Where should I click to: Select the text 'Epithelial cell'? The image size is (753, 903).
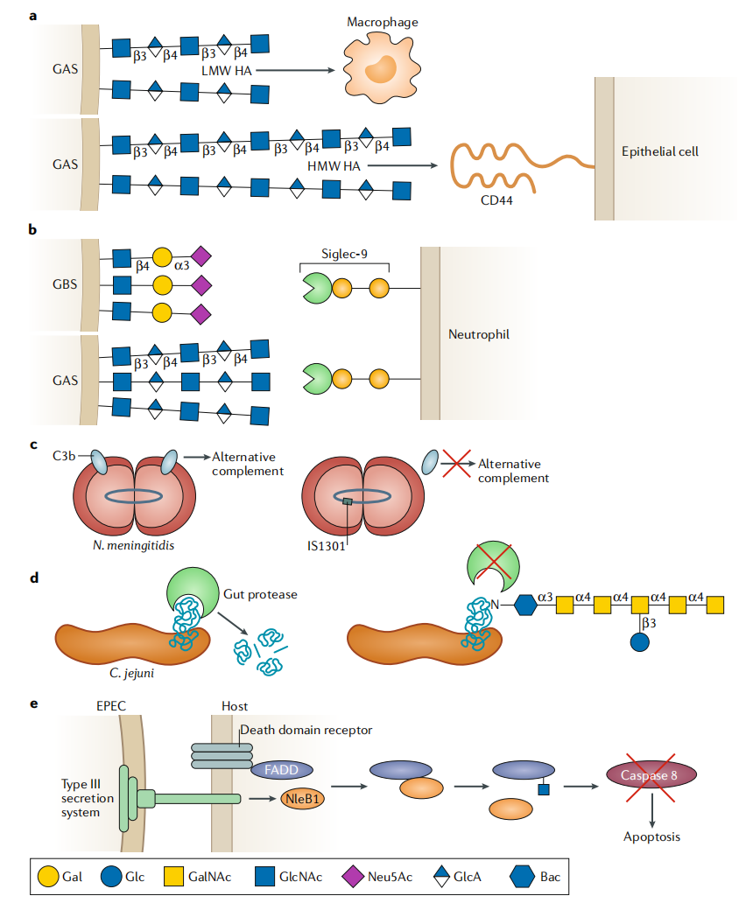click(x=659, y=151)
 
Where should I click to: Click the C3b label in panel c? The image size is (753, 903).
click(x=63, y=456)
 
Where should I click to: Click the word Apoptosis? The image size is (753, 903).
click(x=652, y=836)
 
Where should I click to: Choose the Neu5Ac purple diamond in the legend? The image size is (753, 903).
click(x=356, y=874)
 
